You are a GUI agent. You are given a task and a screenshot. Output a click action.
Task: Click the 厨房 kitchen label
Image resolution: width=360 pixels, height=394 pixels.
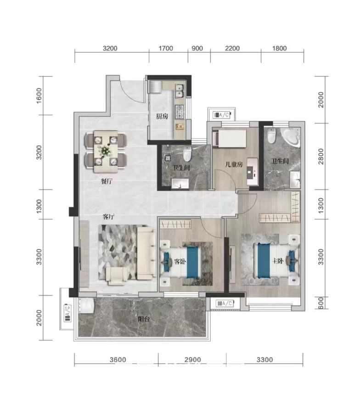pyautogui.click(x=162, y=116)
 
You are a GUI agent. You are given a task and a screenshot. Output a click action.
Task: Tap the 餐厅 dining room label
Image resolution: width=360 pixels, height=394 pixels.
pyautogui.click(x=107, y=181)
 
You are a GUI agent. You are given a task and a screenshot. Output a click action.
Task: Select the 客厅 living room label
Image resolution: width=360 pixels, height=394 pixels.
pyautogui.click(x=109, y=216)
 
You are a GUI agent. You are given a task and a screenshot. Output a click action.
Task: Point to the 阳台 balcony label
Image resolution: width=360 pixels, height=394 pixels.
pyautogui.click(x=144, y=319)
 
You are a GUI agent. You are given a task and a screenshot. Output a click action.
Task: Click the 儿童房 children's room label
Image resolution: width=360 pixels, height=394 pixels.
pyautogui.click(x=234, y=164)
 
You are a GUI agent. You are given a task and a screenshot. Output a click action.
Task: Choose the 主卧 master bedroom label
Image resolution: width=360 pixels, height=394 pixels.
pyautogui.click(x=278, y=261)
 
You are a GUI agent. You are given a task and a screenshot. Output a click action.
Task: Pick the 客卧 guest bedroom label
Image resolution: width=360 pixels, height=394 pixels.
pyautogui.click(x=180, y=261)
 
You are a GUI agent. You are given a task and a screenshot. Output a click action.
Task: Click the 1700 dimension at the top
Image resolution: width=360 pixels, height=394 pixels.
pyautogui.click(x=166, y=48)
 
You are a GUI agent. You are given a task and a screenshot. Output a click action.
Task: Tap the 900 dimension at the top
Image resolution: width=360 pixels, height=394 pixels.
pyautogui.click(x=197, y=48)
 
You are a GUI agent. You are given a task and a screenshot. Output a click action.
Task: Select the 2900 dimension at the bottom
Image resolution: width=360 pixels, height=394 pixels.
pyautogui.click(x=193, y=360)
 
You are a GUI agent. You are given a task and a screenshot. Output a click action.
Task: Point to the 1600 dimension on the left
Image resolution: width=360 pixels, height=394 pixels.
pyautogui.click(x=39, y=96)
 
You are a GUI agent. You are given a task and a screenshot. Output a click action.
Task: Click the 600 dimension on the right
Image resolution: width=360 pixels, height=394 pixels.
pyautogui.click(x=321, y=303)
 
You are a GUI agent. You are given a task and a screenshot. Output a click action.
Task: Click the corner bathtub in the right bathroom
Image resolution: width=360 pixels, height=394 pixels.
pyautogui.click(x=291, y=137)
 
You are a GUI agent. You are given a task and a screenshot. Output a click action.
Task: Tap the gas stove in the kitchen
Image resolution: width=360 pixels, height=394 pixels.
pyautogui.click(x=180, y=112)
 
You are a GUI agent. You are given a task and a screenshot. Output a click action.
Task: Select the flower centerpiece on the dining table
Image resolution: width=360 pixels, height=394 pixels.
pyautogui.click(x=104, y=150)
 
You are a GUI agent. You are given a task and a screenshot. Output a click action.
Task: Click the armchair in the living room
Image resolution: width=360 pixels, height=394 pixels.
pyautogui.click(x=116, y=276)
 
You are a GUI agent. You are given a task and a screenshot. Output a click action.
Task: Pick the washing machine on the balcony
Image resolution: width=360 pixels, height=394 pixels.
pyautogui.click(x=86, y=306)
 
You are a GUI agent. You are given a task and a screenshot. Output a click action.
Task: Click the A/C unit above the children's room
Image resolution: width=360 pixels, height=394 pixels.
pyautogui.click(x=222, y=115)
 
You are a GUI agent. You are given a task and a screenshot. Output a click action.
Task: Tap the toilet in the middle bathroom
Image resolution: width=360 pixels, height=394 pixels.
pyautogui.click(x=187, y=154)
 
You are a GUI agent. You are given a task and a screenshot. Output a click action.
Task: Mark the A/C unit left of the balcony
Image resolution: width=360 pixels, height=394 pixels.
pyautogui.click(x=68, y=313)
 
